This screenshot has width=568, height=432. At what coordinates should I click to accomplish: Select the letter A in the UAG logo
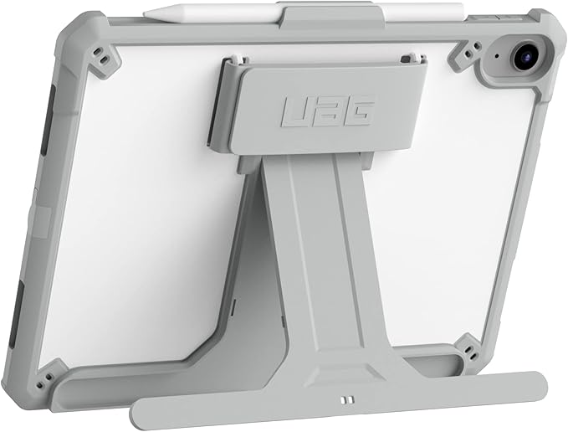click(327, 110)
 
